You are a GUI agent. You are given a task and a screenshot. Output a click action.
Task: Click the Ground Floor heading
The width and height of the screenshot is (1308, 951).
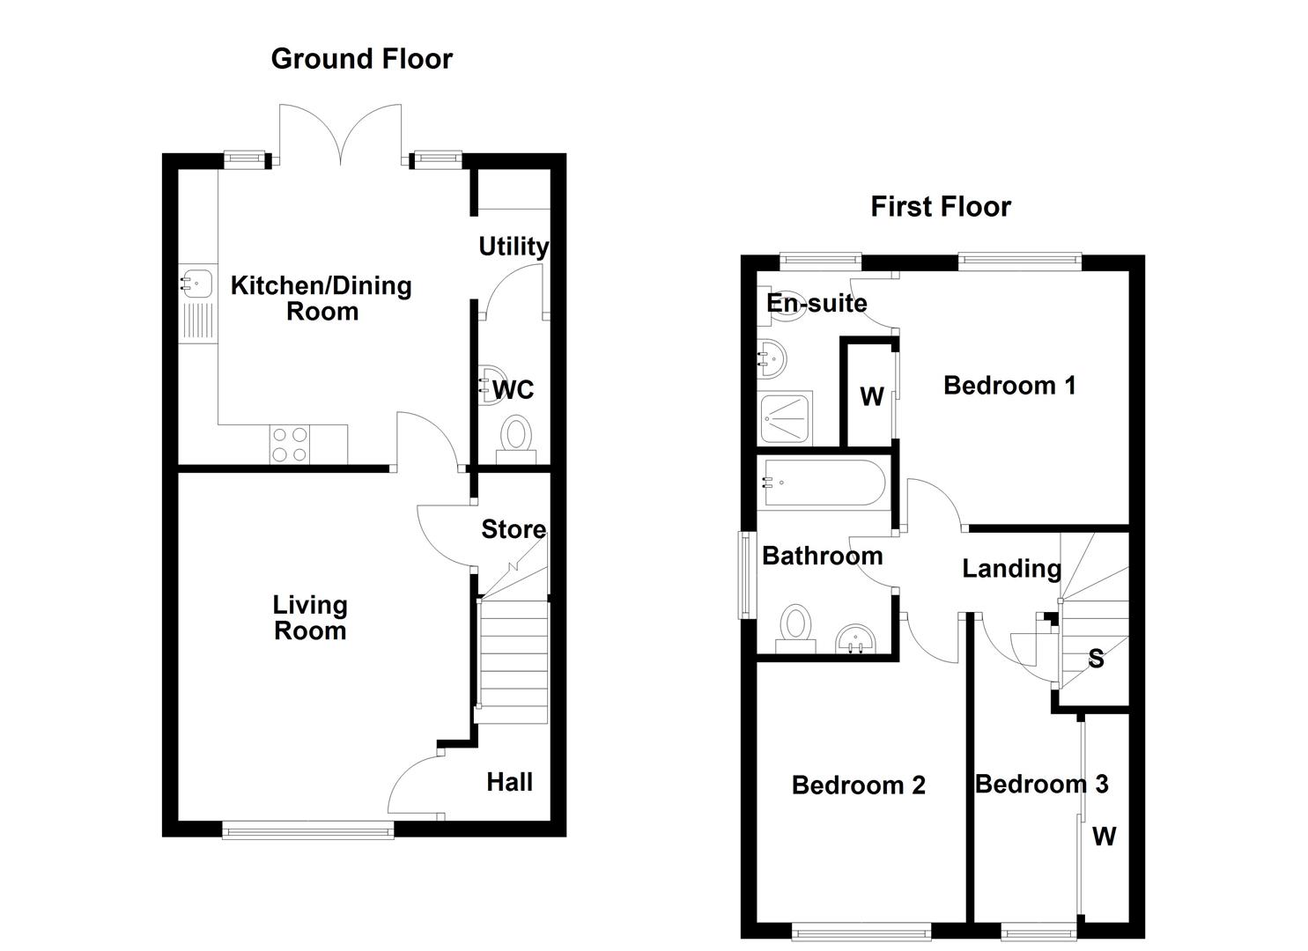(361, 59)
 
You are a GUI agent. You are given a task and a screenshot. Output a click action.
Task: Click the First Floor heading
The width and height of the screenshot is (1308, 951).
(940, 207)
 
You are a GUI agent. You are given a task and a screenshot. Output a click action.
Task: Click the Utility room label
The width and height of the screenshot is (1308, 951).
(513, 247)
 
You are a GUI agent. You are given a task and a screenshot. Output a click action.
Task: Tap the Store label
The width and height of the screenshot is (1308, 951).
(513, 529)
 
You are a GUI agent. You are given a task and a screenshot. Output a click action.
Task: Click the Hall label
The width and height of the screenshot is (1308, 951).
(509, 782)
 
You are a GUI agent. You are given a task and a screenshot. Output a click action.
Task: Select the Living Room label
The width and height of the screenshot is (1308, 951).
(309, 617)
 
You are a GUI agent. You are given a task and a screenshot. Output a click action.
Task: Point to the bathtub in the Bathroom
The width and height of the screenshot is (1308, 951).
(824, 483)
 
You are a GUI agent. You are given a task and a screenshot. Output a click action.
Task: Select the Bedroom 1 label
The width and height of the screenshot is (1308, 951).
(1009, 386)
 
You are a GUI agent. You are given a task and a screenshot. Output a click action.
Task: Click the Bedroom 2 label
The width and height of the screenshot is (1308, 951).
(858, 785)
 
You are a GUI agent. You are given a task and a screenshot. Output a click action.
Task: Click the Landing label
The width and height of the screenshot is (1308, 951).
(1010, 569)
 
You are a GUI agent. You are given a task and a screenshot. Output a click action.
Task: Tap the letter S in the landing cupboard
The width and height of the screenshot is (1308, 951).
(1096, 659)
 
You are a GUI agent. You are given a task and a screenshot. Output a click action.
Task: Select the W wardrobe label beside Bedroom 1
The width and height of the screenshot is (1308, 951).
(871, 397)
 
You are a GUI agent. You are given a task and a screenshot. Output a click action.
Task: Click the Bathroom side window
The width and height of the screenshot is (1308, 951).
(746, 574)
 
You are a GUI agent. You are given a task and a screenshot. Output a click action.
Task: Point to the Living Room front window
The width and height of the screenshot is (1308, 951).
(307, 829)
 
